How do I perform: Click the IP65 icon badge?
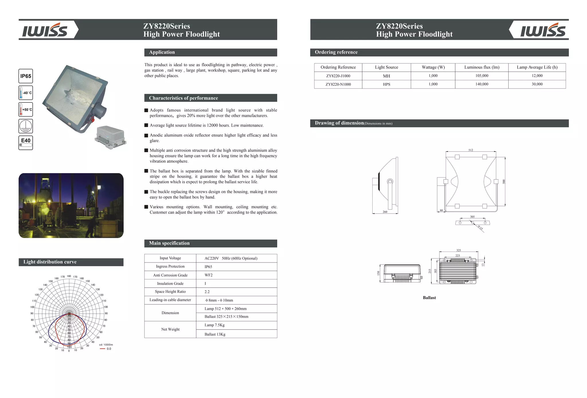26,76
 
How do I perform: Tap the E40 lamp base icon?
26,143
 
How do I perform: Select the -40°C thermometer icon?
26,93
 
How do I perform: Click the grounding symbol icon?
26,126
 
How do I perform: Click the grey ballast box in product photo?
110,137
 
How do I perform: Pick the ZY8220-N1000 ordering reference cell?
338,84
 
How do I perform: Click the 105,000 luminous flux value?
482,76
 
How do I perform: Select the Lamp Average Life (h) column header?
537,67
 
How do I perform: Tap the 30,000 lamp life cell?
537,84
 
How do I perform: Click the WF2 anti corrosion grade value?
208,275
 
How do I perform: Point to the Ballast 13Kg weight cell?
215,334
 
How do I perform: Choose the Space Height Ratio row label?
170,292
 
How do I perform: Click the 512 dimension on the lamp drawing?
471,150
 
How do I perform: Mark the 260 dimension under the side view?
385,212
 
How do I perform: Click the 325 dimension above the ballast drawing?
459,250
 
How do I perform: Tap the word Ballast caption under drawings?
429,298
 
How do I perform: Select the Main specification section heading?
169,243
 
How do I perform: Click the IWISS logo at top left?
45,30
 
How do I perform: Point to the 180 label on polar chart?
69,276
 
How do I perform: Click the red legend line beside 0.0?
102,349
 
